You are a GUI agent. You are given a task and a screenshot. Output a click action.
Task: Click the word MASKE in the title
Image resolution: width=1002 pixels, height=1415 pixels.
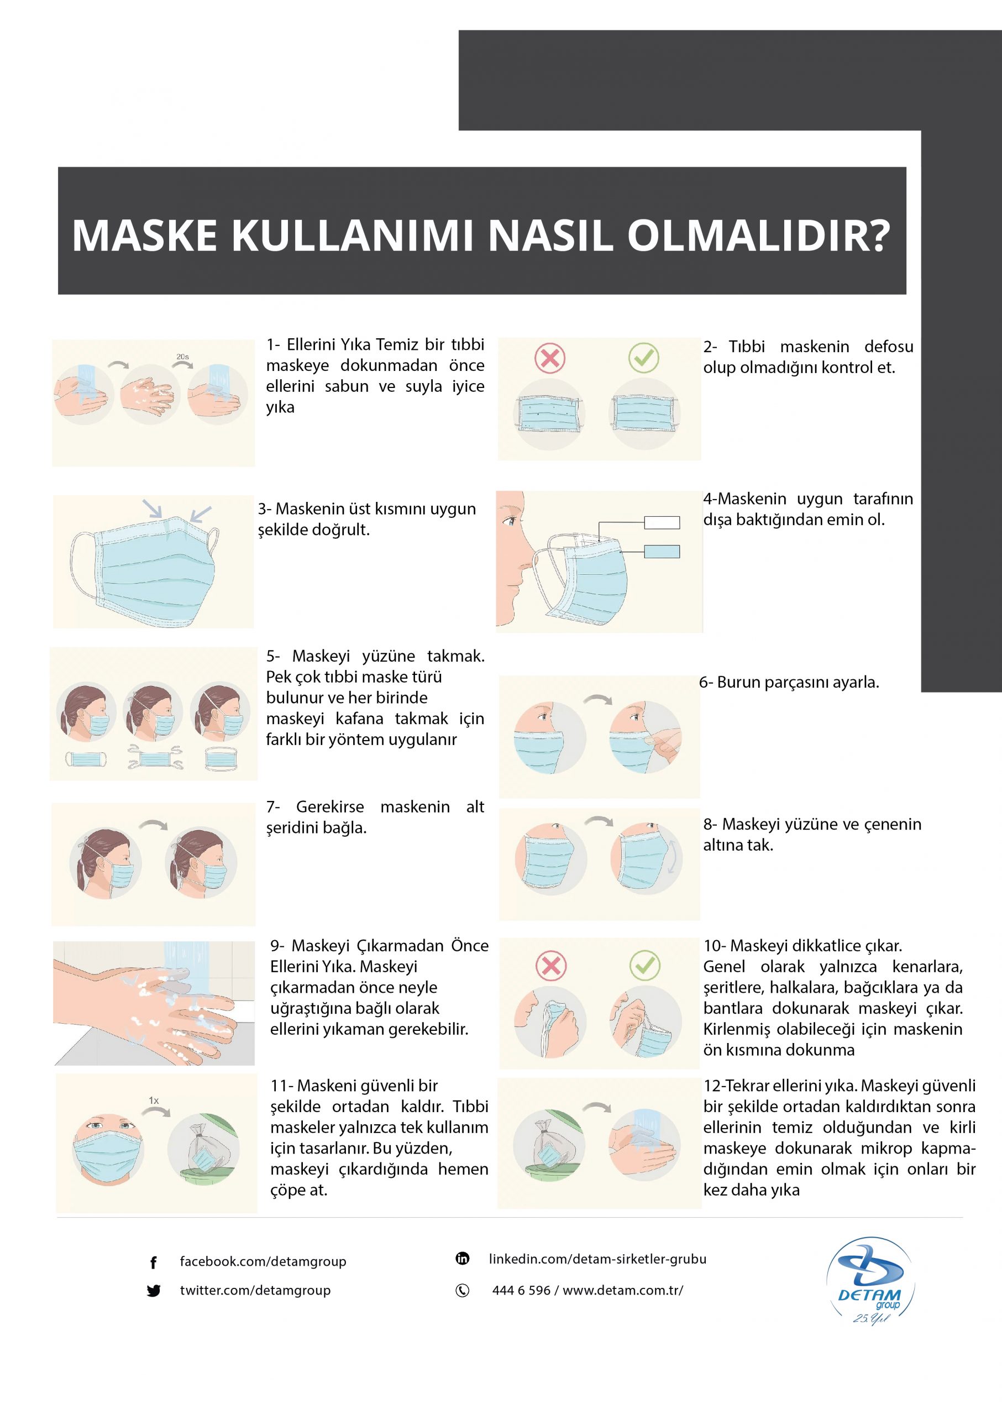click(x=144, y=235)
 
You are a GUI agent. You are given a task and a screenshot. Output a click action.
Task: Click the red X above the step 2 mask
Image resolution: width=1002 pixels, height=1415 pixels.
click(x=550, y=358)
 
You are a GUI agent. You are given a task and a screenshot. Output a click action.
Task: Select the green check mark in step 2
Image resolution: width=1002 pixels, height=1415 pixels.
click(x=643, y=357)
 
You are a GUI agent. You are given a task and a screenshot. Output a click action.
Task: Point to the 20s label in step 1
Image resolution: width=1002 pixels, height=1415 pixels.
click(x=182, y=357)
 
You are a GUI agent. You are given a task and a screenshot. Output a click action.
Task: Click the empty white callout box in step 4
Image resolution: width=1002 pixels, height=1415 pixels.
click(x=662, y=523)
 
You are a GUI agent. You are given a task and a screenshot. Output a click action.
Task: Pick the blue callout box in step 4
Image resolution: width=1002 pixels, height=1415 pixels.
click(x=662, y=552)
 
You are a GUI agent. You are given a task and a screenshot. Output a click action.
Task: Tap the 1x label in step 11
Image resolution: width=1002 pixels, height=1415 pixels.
click(x=154, y=1100)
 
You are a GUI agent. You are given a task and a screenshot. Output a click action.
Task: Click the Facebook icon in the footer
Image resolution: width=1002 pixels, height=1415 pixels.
click(x=153, y=1262)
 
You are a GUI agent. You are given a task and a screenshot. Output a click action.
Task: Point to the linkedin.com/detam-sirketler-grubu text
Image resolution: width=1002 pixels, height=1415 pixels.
click(x=597, y=1259)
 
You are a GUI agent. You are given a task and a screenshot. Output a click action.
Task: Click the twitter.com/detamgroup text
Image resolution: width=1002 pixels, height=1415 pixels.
click(x=255, y=1290)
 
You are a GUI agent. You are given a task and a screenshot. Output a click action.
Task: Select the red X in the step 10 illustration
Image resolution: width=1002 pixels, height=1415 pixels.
click(x=551, y=966)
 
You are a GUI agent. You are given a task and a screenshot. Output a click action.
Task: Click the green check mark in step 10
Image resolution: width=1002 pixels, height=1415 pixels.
click(x=645, y=966)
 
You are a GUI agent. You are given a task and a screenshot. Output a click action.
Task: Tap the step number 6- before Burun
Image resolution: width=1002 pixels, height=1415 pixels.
click(x=706, y=683)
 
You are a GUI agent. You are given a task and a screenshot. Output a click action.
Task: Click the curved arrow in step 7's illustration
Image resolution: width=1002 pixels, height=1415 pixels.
click(x=153, y=825)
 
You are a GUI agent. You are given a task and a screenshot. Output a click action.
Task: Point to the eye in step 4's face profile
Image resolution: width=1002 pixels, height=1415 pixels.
click(x=509, y=520)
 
